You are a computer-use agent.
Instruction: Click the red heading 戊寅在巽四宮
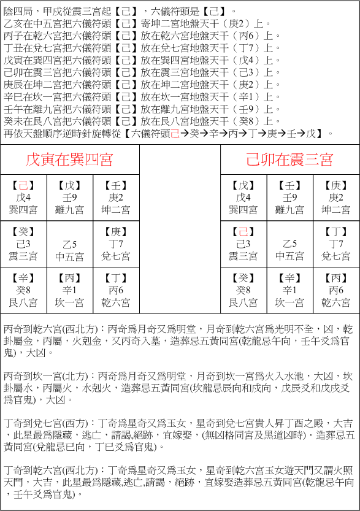click(x=69, y=160)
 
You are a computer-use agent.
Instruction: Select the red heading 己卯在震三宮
click(x=289, y=160)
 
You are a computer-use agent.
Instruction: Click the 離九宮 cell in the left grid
click(x=69, y=197)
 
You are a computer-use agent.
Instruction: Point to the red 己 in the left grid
click(x=23, y=185)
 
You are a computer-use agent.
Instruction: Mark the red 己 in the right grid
click(x=243, y=232)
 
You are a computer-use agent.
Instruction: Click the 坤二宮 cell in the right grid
click(x=337, y=197)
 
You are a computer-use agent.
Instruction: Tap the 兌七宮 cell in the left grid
click(x=116, y=244)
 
